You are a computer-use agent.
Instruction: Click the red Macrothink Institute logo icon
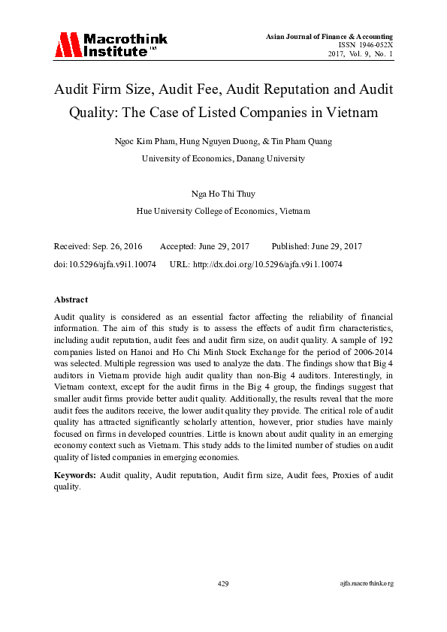[66, 45]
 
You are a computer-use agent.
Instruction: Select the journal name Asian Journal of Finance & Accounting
[329, 37]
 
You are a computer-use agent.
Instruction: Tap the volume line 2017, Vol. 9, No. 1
[360, 54]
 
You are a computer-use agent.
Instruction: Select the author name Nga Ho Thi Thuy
[222, 194]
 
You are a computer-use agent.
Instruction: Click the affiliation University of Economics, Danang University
[223, 158]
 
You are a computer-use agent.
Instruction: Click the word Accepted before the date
[178, 246]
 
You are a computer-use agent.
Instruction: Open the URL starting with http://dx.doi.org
[267, 264]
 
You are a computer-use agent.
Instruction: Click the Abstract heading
[71, 299]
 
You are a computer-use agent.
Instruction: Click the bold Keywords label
[75, 475]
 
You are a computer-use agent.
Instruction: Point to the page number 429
[223, 583]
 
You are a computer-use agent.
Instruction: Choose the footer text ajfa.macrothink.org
[367, 583]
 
